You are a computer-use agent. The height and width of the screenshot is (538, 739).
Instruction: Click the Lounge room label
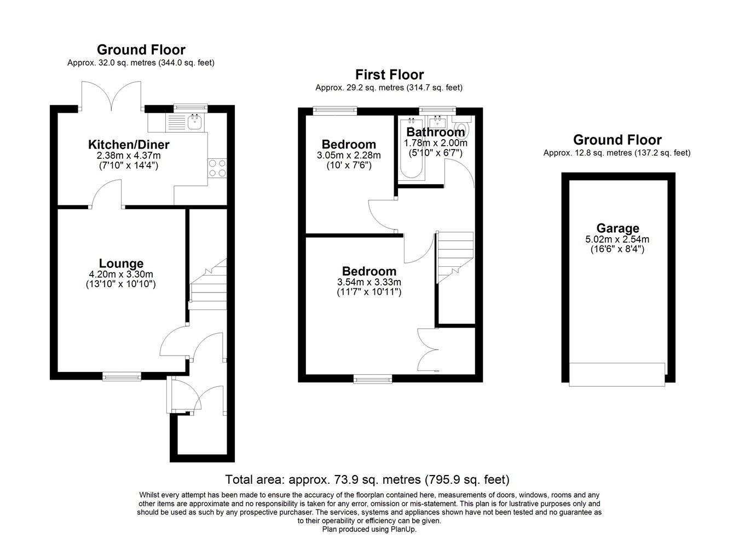[x=122, y=263]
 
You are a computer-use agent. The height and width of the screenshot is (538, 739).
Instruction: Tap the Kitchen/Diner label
[x=129, y=144]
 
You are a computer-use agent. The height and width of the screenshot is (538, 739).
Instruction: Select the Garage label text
[x=617, y=228]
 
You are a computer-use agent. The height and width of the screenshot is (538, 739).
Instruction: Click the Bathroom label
[x=436, y=132]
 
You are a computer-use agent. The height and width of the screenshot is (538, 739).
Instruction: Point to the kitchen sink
[x=195, y=122]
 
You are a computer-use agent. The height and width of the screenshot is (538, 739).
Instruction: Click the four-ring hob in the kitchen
[x=218, y=168]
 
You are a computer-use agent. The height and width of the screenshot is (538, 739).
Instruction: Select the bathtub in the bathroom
[x=411, y=148]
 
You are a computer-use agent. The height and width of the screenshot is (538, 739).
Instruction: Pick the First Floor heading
[x=389, y=75]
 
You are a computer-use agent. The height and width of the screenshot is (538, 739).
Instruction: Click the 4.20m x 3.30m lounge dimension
[x=121, y=274]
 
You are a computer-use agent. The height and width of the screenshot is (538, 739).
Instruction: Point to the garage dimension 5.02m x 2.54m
[x=617, y=239]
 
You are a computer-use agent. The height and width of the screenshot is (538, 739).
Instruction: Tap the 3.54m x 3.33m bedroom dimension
[x=369, y=282]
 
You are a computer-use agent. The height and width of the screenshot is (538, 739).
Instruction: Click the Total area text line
[x=367, y=479]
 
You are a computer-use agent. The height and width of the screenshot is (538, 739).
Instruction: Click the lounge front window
[x=122, y=376]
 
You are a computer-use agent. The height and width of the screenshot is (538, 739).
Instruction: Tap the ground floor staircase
[x=208, y=284]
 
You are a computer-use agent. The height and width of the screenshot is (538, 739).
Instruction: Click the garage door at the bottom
[x=617, y=375]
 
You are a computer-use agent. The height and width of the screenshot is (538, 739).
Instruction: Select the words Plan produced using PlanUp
[x=369, y=529]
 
